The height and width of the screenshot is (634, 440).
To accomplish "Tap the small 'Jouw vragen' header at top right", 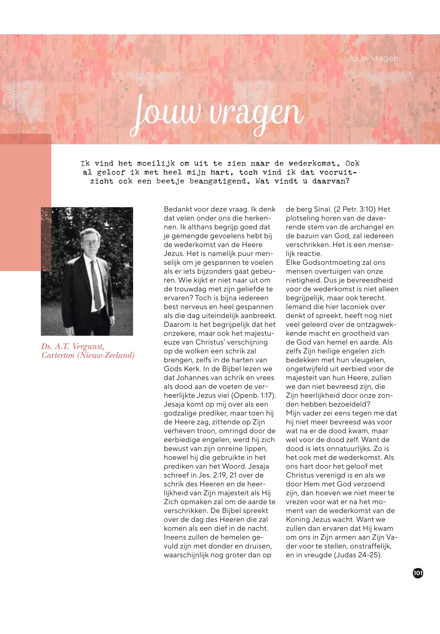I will (x=373, y=58).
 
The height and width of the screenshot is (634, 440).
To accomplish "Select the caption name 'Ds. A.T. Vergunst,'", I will (x=73, y=346).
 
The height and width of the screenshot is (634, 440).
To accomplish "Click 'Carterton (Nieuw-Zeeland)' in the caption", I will (x=88, y=355).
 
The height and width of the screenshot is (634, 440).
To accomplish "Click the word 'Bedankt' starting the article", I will (x=176, y=209).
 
